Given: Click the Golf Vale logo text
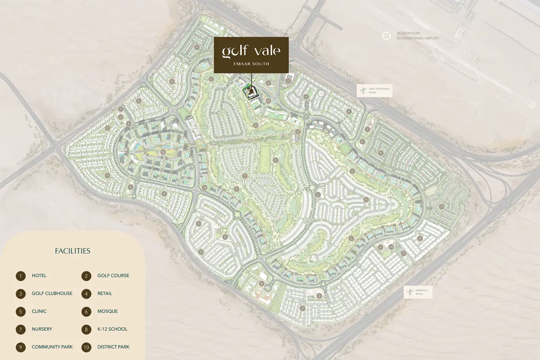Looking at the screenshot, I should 251,51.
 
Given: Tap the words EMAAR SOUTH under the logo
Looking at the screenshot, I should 251,64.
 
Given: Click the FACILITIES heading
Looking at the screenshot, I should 72,251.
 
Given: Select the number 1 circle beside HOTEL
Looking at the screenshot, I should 20,276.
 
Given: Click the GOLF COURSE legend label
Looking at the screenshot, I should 113,275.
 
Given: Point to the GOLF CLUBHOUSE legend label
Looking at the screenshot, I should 52,293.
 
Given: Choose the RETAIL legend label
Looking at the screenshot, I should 105,293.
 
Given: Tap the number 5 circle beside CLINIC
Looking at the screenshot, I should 20,311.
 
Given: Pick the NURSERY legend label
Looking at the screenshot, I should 42,329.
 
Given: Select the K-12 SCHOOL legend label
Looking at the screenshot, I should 112,329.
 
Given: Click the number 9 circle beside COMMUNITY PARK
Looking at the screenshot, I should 20,347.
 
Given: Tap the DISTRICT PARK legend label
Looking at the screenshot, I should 113,347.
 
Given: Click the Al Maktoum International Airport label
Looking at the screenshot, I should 417,36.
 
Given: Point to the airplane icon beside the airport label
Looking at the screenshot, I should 386,36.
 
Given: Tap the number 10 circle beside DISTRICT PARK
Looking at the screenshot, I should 86,347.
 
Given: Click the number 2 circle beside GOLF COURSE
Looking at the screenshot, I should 86,276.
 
